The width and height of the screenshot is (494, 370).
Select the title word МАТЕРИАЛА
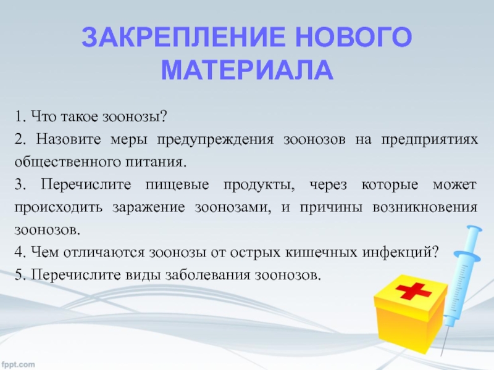(247, 69)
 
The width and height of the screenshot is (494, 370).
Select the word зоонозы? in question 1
(135, 117)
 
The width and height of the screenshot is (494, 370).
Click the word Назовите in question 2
(68, 140)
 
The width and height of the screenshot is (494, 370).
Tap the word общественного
(67, 163)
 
